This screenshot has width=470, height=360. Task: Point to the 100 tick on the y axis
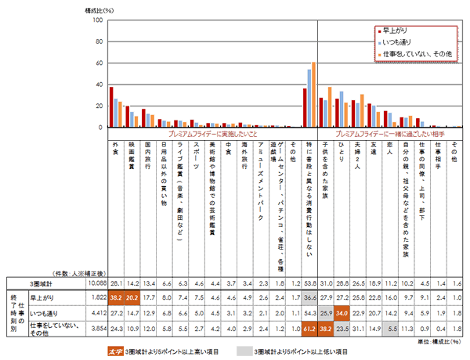click(x=98, y=20)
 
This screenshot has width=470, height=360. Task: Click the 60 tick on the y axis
click(x=99, y=63)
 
